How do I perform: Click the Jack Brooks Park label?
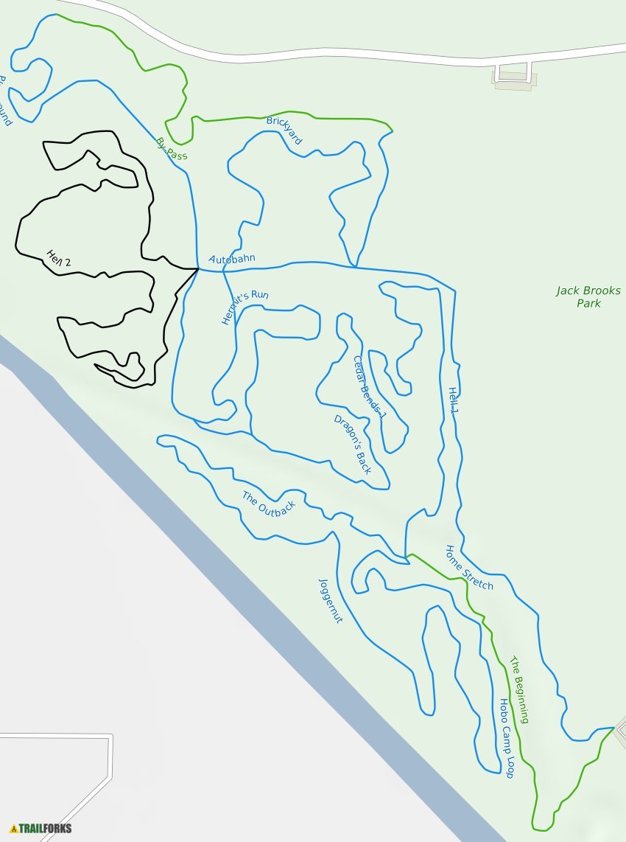click(588, 297)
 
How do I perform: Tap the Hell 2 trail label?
click(58, 258)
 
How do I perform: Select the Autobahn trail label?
click(231, 260)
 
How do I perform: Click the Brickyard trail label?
click(284, 130)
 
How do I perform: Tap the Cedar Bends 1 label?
click(369, 387)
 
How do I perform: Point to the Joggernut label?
click(331, 601)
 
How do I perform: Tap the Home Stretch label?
click(469, 567)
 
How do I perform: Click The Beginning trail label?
click(519, 690)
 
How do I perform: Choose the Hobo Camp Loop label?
click(506, 738)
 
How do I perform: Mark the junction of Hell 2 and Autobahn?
click(198, 269)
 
